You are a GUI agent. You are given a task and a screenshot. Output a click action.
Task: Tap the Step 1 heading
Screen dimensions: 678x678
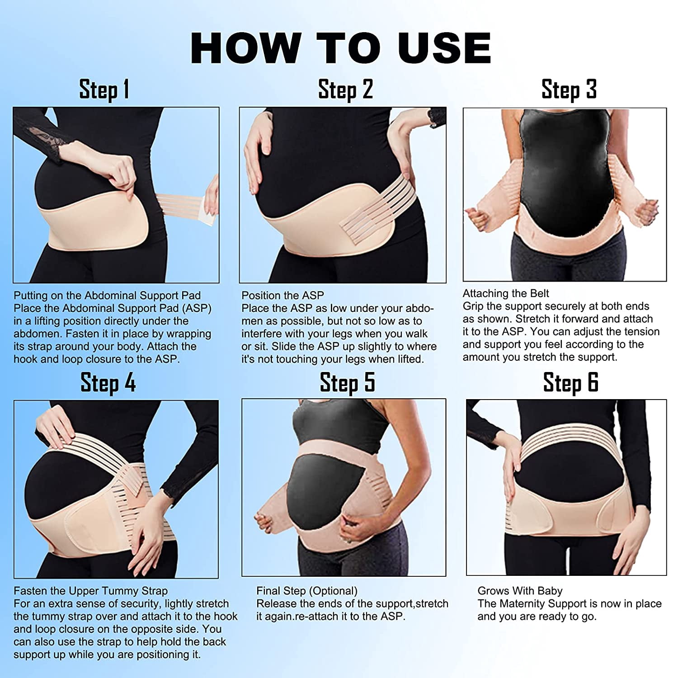pos(104,89)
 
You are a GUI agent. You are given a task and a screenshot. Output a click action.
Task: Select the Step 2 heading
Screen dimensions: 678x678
pos(346,89)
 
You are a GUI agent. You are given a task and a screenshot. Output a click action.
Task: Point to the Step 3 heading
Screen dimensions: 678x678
pos(569,89)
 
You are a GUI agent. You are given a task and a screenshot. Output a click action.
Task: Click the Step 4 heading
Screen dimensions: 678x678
pos(108,383)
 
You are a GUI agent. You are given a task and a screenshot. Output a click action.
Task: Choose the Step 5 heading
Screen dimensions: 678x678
pos(348,383)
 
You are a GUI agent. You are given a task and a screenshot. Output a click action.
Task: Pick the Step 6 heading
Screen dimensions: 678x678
pos(571,383)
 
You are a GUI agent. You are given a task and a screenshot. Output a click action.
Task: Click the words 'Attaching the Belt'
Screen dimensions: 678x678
pos(506,293)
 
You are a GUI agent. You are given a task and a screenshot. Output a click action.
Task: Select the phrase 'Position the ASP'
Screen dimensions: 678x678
pos(282,296)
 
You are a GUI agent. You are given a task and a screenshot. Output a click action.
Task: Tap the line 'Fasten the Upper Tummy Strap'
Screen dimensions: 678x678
pos(90,591)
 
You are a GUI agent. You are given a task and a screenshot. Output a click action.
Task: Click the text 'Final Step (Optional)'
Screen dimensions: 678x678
pos(307,591)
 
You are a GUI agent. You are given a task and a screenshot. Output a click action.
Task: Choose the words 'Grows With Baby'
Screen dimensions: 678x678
pos(520,591)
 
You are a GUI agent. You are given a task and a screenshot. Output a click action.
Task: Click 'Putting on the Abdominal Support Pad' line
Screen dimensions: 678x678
pos(107,296)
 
